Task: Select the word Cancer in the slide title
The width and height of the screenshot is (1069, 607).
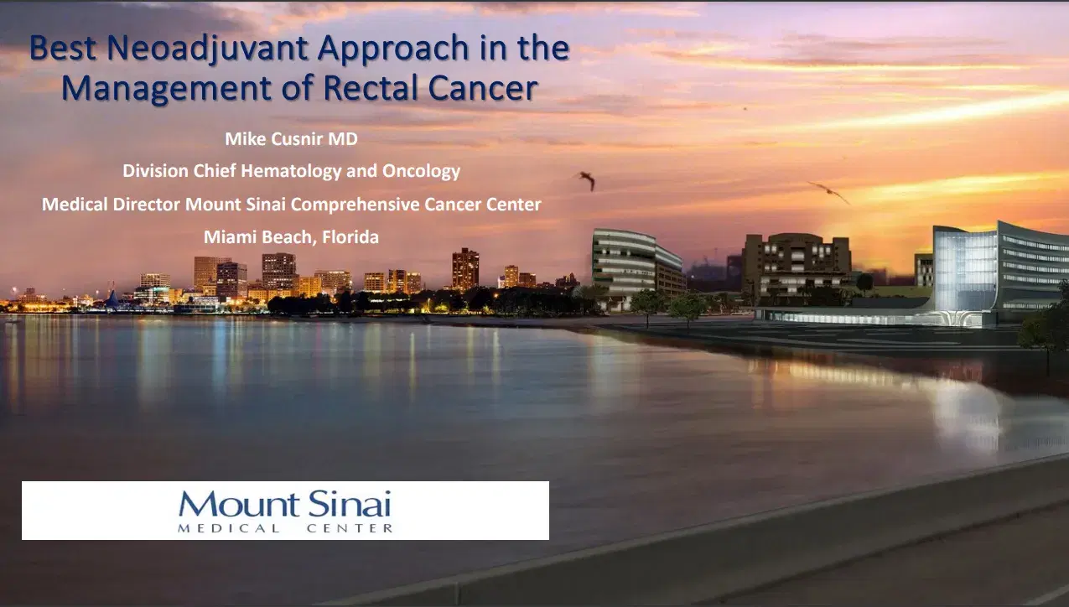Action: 485,87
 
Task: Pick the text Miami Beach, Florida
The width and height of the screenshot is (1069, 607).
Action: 291,237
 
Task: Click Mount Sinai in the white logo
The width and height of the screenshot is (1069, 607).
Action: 284,505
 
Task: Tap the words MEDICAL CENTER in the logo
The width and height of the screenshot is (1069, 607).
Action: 284,528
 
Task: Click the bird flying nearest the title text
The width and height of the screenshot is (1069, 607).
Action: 586,179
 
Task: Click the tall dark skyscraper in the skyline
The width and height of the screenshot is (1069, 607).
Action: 465,269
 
